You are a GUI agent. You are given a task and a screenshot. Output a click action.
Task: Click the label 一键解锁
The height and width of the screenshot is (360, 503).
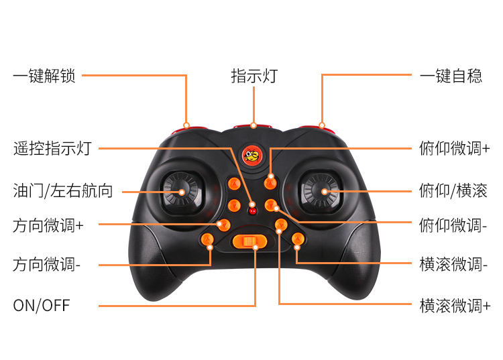point(44,76)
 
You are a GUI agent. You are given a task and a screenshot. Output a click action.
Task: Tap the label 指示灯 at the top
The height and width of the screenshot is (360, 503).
point(254,76)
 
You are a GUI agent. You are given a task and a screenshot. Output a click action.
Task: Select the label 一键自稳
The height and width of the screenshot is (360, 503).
point(451,76)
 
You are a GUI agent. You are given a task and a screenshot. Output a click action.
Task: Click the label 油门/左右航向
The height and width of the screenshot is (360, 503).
point(63,191)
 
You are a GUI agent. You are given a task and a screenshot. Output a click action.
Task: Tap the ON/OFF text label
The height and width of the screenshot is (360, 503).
point(42,306)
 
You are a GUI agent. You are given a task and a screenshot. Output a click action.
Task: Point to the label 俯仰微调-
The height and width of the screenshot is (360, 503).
point(453,225)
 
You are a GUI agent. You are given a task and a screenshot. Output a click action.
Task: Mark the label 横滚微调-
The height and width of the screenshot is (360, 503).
point(453,265)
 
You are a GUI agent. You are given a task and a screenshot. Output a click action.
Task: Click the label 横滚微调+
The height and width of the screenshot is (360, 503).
point(454,306)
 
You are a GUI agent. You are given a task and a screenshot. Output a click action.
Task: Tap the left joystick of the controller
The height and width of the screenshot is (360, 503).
point(181,191)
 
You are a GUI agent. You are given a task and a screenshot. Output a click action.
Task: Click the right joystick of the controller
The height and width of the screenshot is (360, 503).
point(324,191)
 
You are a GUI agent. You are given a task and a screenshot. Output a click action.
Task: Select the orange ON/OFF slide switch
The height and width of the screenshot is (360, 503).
point(249,241)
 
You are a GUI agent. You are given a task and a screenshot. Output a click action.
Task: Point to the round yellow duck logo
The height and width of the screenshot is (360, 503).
point(253,158)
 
